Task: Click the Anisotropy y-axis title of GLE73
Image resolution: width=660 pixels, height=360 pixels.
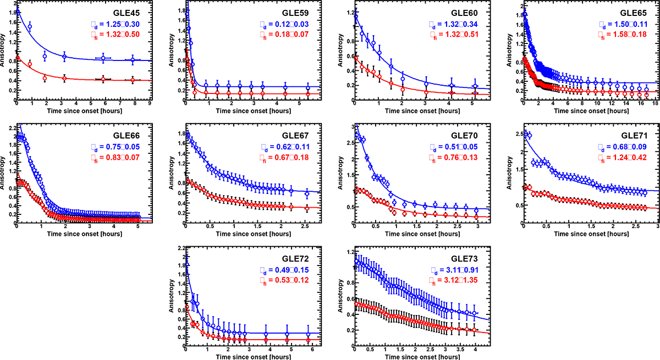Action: (344, 300)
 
